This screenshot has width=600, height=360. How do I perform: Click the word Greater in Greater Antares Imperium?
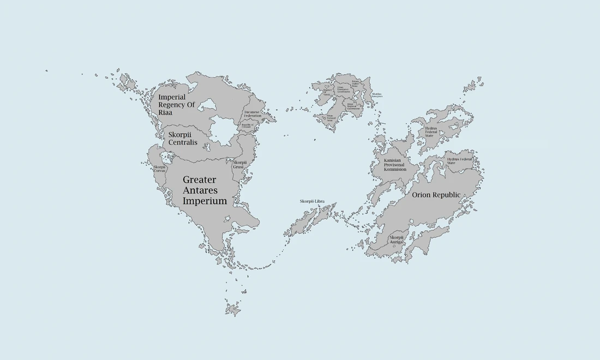199,179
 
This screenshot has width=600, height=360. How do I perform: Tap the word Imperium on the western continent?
205,201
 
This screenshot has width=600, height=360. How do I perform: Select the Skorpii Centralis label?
183,139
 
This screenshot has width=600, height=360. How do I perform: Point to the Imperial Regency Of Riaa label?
176,104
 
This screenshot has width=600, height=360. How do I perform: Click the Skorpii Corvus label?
159,169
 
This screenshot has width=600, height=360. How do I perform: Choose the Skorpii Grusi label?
240,164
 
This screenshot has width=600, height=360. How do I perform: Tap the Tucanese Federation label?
253,114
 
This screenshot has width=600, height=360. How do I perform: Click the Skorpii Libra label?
312,201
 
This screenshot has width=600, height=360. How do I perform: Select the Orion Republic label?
436,195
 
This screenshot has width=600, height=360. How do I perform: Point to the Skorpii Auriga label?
397,239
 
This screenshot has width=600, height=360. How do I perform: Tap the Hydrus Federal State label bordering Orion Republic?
459,160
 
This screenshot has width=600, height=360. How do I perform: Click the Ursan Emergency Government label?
344,90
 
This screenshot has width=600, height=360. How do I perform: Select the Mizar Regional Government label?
353,106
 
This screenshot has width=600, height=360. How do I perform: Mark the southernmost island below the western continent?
233,310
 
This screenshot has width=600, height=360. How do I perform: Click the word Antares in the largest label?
200,190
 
